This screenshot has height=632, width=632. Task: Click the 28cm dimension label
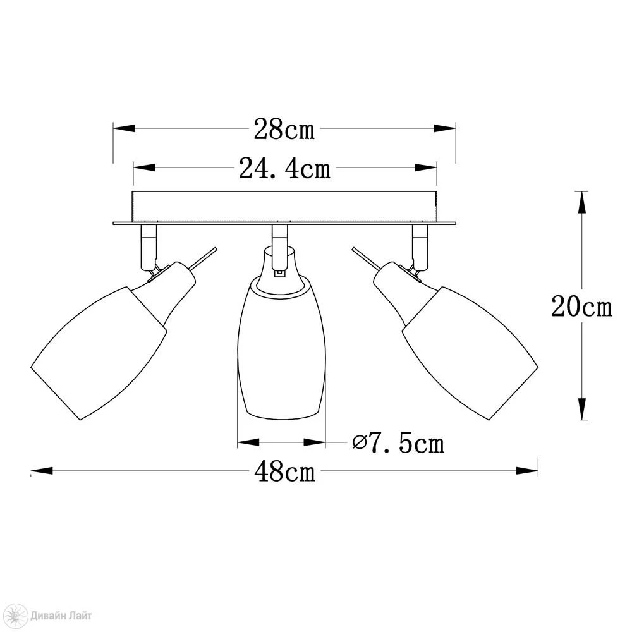pos(284,130)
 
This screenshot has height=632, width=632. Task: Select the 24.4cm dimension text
pos(284,168)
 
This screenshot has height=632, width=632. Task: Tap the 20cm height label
pos(581,307)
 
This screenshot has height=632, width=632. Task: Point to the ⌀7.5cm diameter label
pos(398,443)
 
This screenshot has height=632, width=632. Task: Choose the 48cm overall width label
pos(284,471)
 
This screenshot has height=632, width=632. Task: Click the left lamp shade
pos(99,353)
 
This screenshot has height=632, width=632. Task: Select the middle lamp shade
pos(281,349)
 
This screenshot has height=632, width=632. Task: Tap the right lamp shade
pos(470,353)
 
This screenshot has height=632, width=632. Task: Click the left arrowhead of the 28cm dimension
pos(123,128)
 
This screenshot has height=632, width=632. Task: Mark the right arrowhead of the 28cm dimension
pos(445,128)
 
